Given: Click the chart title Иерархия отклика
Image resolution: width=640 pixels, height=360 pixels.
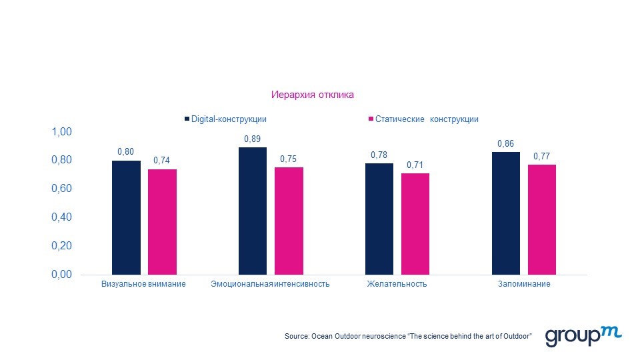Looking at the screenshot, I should pos(312,95).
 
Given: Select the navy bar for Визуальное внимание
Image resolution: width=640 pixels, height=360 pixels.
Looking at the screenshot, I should pos(126,217).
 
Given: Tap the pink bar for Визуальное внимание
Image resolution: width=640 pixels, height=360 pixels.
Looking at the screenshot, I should pos(162,222).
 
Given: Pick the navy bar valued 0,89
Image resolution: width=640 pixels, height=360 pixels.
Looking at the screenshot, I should pos(253,211).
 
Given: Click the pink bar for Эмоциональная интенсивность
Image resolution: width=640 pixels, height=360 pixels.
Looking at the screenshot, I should pos(289,221).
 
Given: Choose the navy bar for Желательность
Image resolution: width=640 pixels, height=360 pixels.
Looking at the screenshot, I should pos(379,219).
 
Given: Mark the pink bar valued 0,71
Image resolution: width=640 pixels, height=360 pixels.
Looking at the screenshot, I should pos(415,224).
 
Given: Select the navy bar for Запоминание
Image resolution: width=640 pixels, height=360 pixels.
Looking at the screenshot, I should pos(506,213).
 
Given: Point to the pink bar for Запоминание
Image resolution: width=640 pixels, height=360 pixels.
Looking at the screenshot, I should pos(542,219).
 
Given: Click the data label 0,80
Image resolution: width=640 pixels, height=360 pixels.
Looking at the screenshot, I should pos(125,152).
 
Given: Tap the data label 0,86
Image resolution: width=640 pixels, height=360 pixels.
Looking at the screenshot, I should pos(506,144).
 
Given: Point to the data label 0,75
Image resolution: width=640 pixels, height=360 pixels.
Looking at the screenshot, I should pos(289,159).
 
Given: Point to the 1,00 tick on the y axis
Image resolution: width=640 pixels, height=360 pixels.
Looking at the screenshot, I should pos(61,132).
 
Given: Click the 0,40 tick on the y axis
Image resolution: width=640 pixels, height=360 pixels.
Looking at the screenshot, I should pos(61,217).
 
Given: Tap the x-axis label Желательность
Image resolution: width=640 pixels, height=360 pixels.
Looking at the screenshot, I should pos(397,285).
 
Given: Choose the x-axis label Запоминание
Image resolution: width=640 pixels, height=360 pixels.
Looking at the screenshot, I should pos(524,285).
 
